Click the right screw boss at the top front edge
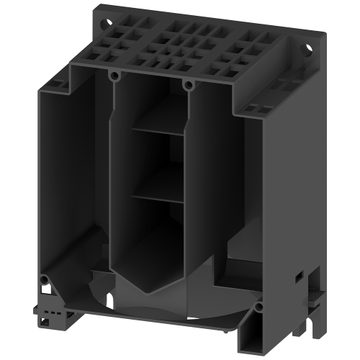tap(189, 85)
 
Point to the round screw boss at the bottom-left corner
tap(45, 279)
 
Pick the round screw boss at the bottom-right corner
tap(258, 308)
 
